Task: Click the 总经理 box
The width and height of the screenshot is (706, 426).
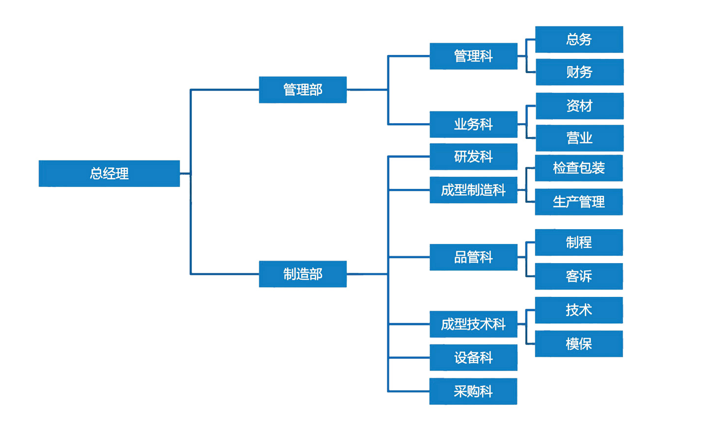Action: [x=109, y=173]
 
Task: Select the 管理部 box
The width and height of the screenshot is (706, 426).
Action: [x=302, y=90]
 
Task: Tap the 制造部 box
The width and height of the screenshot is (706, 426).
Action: [x=302, y=274]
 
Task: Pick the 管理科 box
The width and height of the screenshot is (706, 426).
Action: [x=473, y=56]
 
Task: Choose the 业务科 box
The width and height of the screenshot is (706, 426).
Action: [x=473, y=124]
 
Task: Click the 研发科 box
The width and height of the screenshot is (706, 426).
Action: [x=473, y=157]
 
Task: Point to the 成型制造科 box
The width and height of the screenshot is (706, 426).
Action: [x=473, y=190]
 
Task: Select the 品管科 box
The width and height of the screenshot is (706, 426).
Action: [x=473, y=257]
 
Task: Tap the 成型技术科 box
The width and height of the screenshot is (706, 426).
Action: [x=473, y=324]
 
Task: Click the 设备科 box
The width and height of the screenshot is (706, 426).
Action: [x=473, y=357]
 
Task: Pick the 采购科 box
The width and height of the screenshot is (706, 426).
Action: [x=473, y=391]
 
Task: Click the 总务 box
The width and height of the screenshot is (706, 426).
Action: [x=579, y=39]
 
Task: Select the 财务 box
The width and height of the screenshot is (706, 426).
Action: [x=579, y=72]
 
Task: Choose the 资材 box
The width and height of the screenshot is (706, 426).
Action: [x=579, y=106]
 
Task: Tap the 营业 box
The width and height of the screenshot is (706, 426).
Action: [x=579, y=138]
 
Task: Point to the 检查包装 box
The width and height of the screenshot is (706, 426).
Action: [x=579, y=168]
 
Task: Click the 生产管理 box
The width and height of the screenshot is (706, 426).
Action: [x=579, y=202]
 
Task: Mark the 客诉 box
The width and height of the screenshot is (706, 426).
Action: [x=579, y=276]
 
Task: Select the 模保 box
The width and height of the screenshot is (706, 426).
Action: [x=579, y=344]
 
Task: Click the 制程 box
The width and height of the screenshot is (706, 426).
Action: [x=579, y=242]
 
